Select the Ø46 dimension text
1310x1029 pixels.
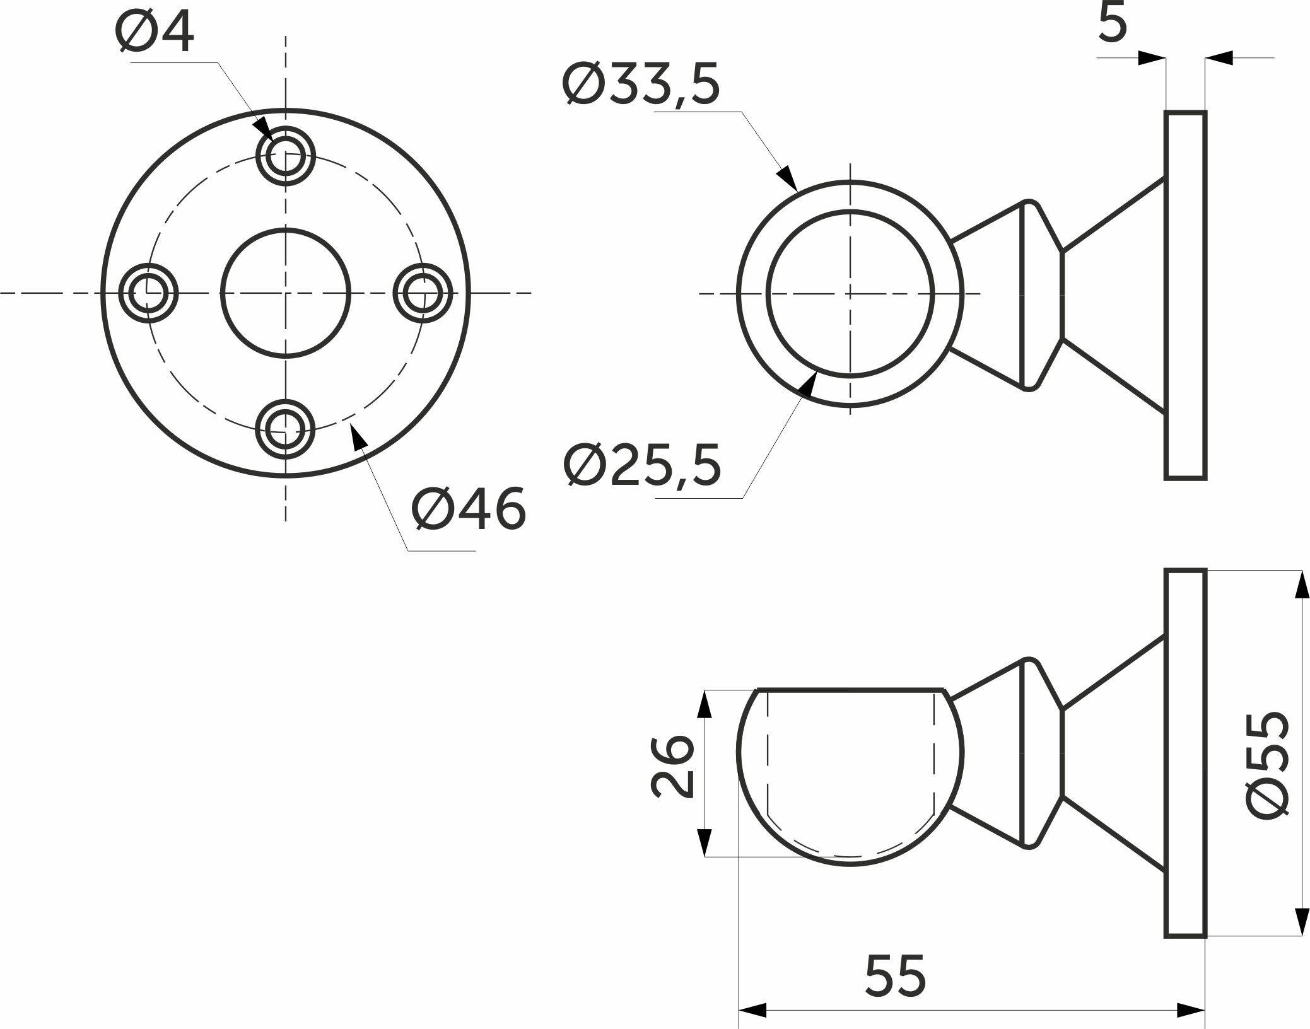tap(468, 508)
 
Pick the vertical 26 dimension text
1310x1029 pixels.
tap(672, 766)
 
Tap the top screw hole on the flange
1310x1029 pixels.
tap(286, 156)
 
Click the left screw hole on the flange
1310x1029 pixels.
tap(149, 293)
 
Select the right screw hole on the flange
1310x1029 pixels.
tap(423, 293)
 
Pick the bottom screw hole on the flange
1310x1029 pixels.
tap(286, 429)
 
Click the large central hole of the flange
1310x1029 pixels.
tap(286, 293)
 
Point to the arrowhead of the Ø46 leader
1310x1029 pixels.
tap(358, 436)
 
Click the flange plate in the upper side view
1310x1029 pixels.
tap(1185, 295)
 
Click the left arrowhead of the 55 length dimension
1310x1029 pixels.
tap(752, 1009)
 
